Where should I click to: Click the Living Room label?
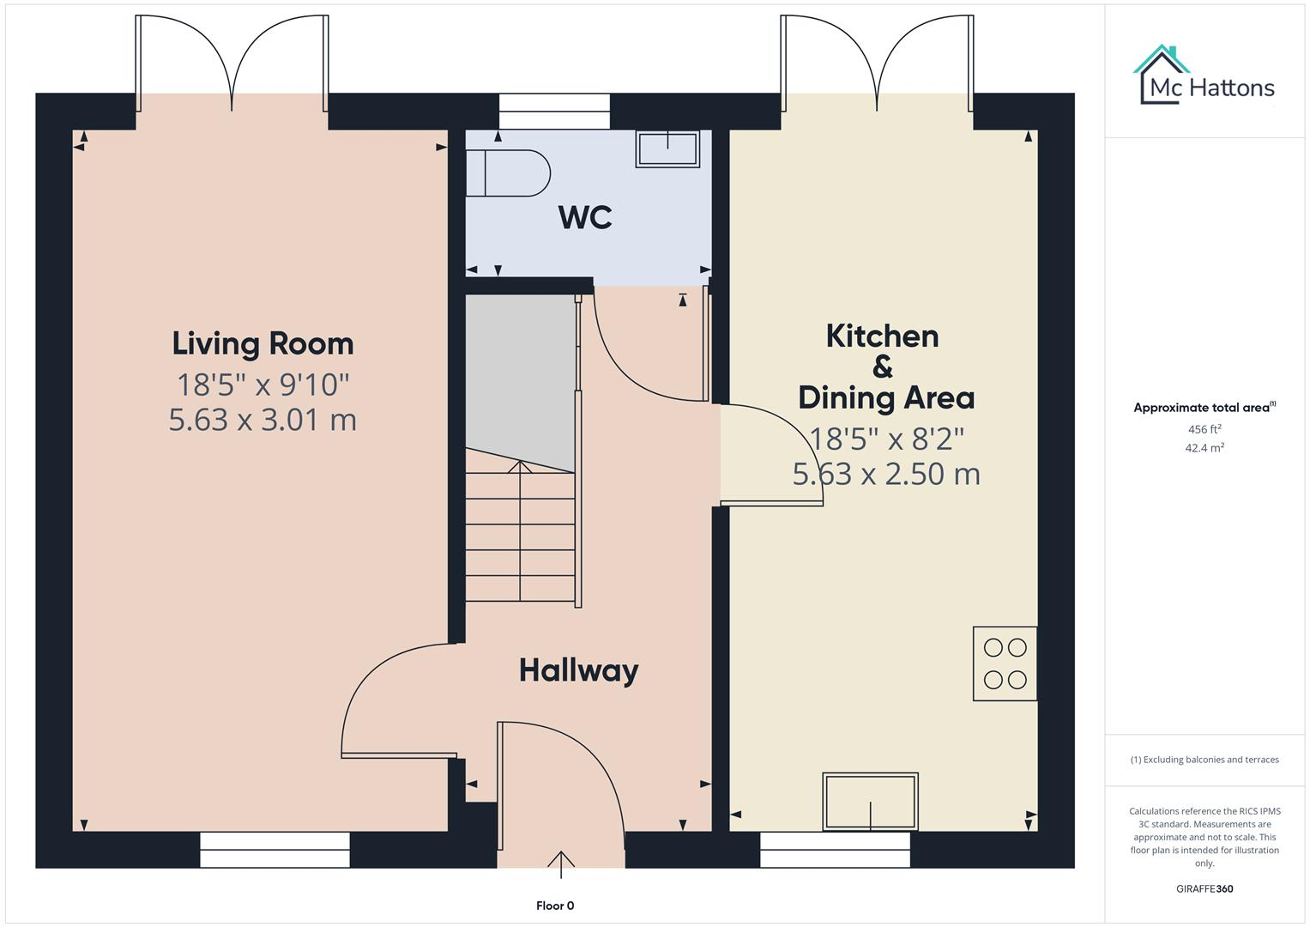263,343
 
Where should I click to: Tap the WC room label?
585,217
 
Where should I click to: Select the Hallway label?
578,670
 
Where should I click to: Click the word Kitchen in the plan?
882,336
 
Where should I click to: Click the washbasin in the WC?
667,148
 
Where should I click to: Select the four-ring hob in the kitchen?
1005,663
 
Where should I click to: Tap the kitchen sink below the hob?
870,802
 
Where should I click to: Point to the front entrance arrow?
561,863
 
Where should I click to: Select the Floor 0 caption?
555,906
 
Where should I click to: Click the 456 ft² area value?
1204,429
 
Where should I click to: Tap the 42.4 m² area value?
1204,448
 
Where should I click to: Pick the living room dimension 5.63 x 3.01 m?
263,420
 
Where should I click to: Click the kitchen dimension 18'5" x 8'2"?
886,439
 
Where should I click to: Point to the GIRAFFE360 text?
1204,888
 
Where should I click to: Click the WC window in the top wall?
554,112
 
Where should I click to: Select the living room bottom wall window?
275,850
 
